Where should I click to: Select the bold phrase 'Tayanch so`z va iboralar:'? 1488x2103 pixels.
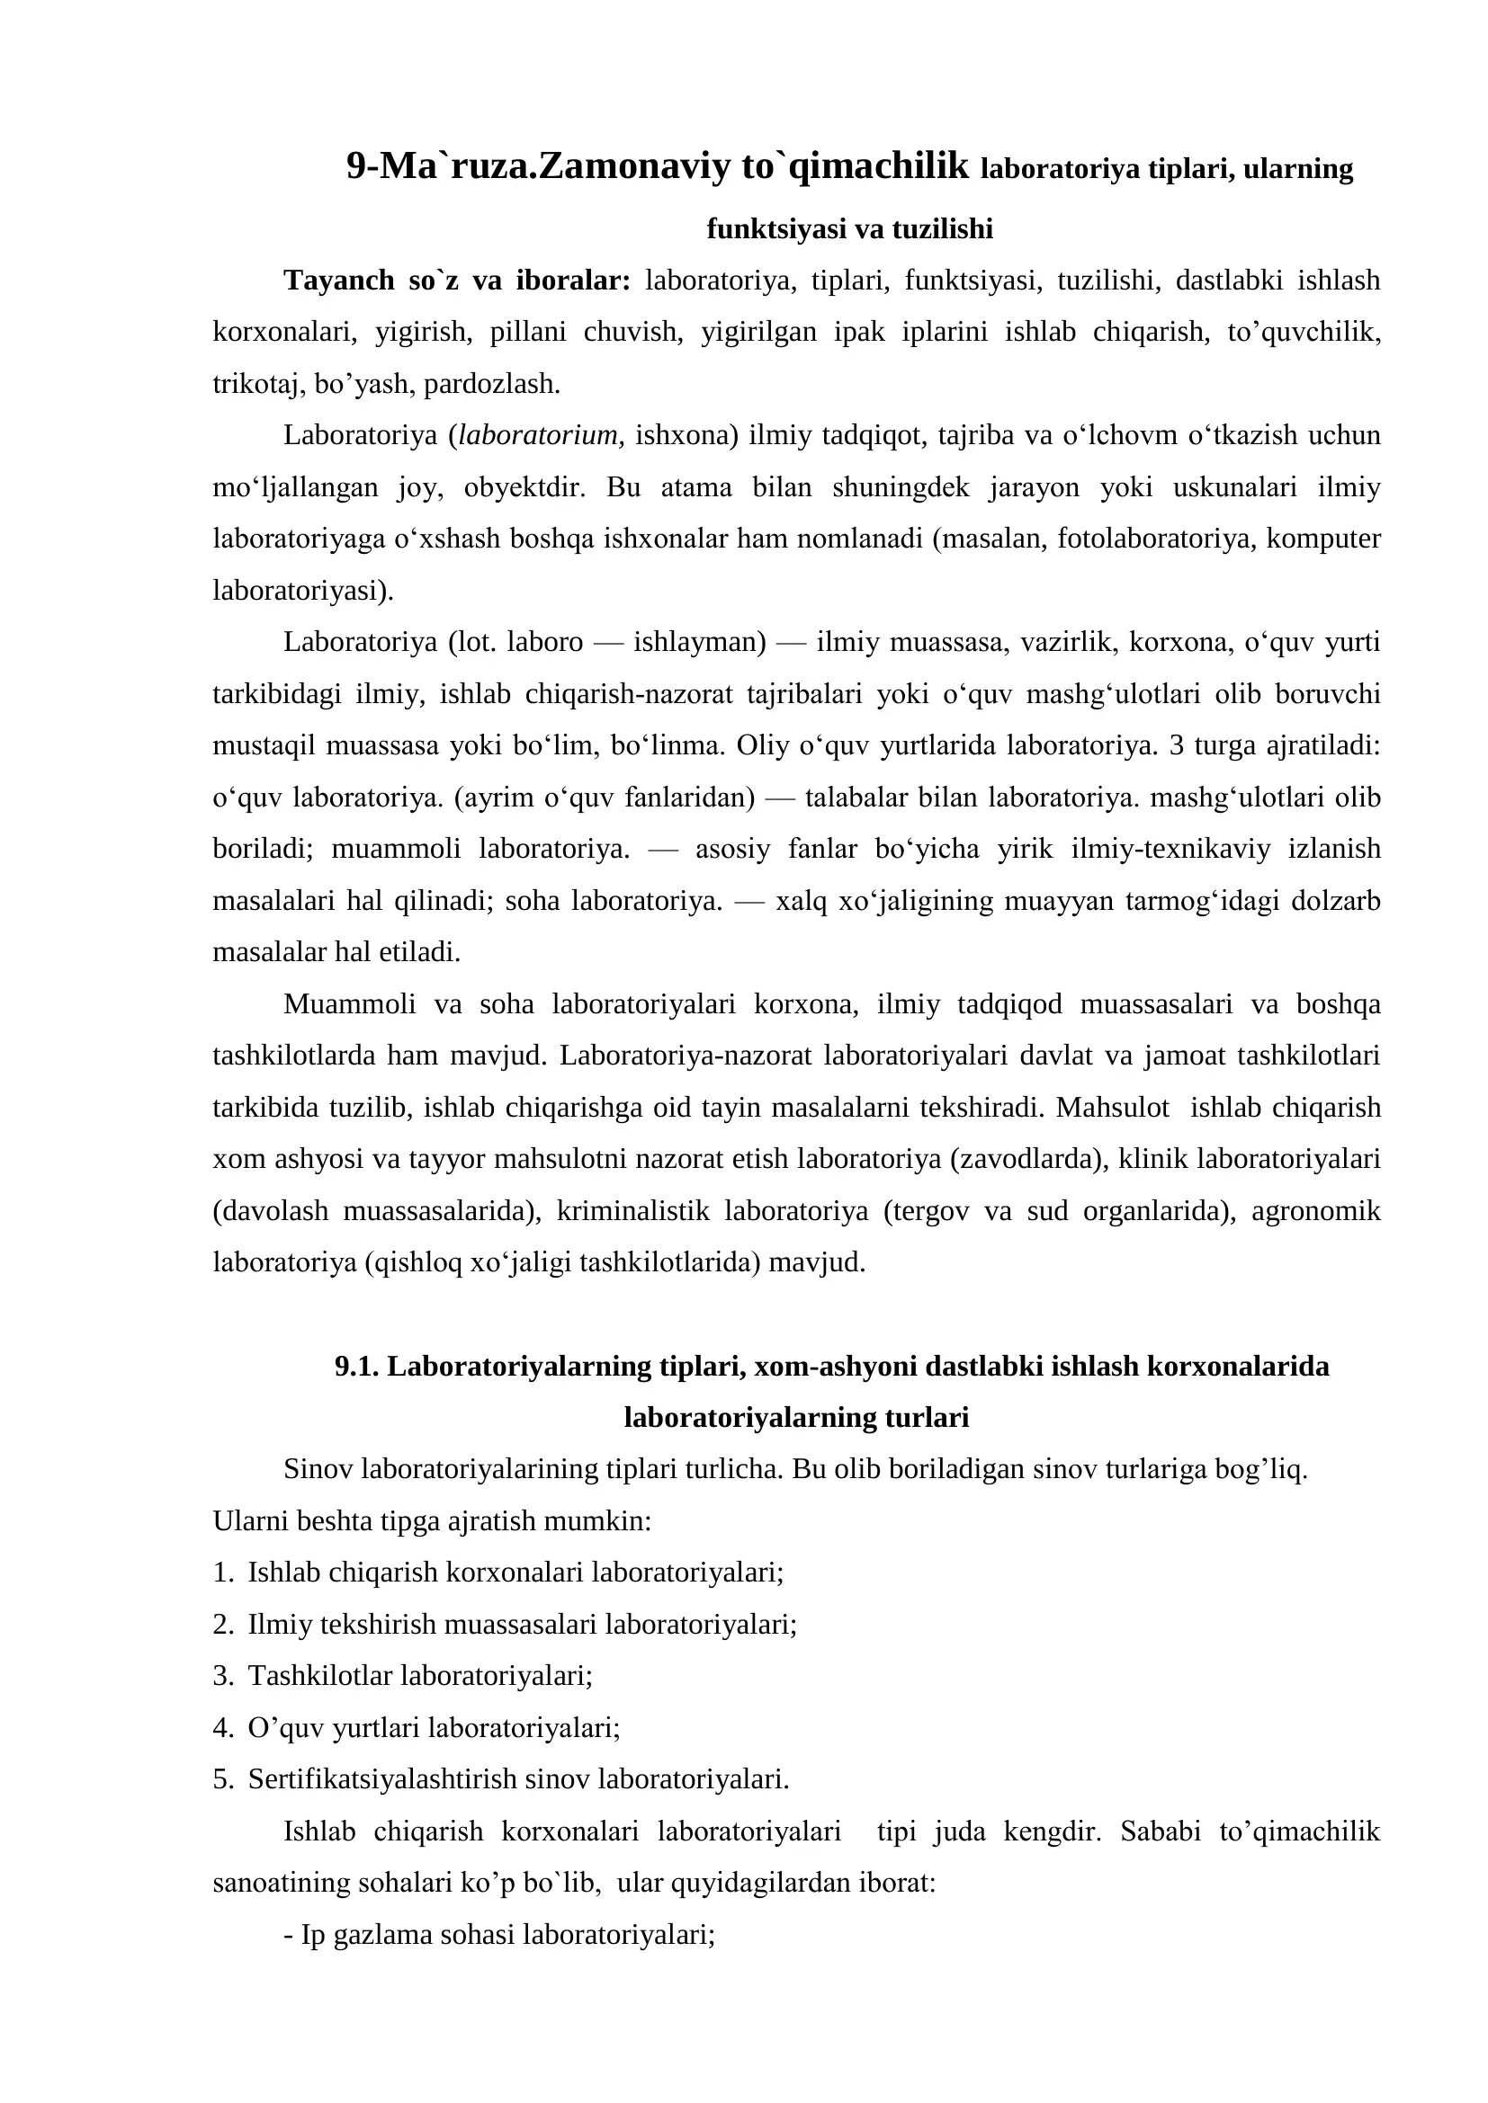(457, 280)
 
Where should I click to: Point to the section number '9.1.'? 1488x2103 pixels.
(356, 1367)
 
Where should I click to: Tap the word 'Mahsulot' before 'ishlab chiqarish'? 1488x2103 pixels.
(1112, 1108)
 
